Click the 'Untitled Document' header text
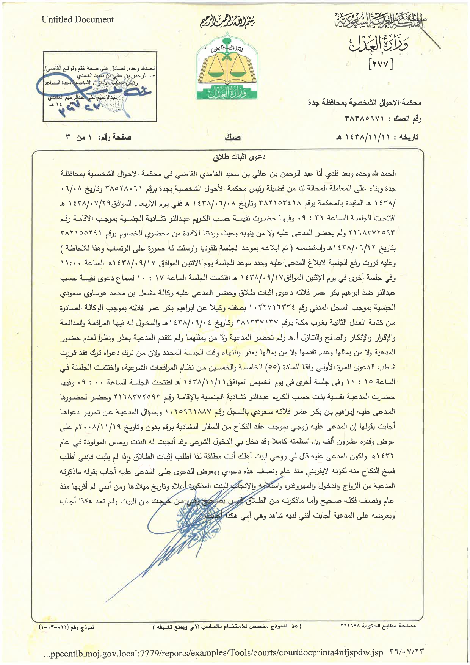coord(78,20)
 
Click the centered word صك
coord(232,137)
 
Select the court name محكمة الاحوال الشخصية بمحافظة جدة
coord(363,102)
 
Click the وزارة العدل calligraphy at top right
coord(373,45)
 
